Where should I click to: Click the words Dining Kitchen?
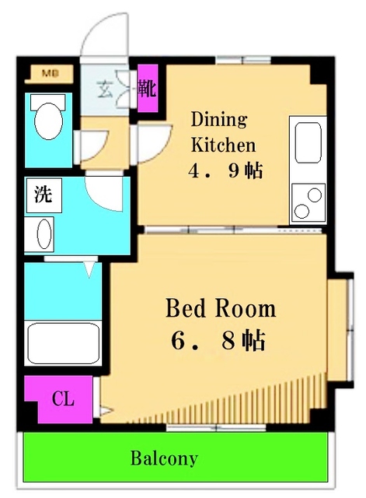[x=222, y=132]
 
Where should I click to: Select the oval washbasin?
[x=44, y=233]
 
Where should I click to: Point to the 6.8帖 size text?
[x=219, y=341]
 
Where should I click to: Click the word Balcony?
[x=163, y=458]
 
